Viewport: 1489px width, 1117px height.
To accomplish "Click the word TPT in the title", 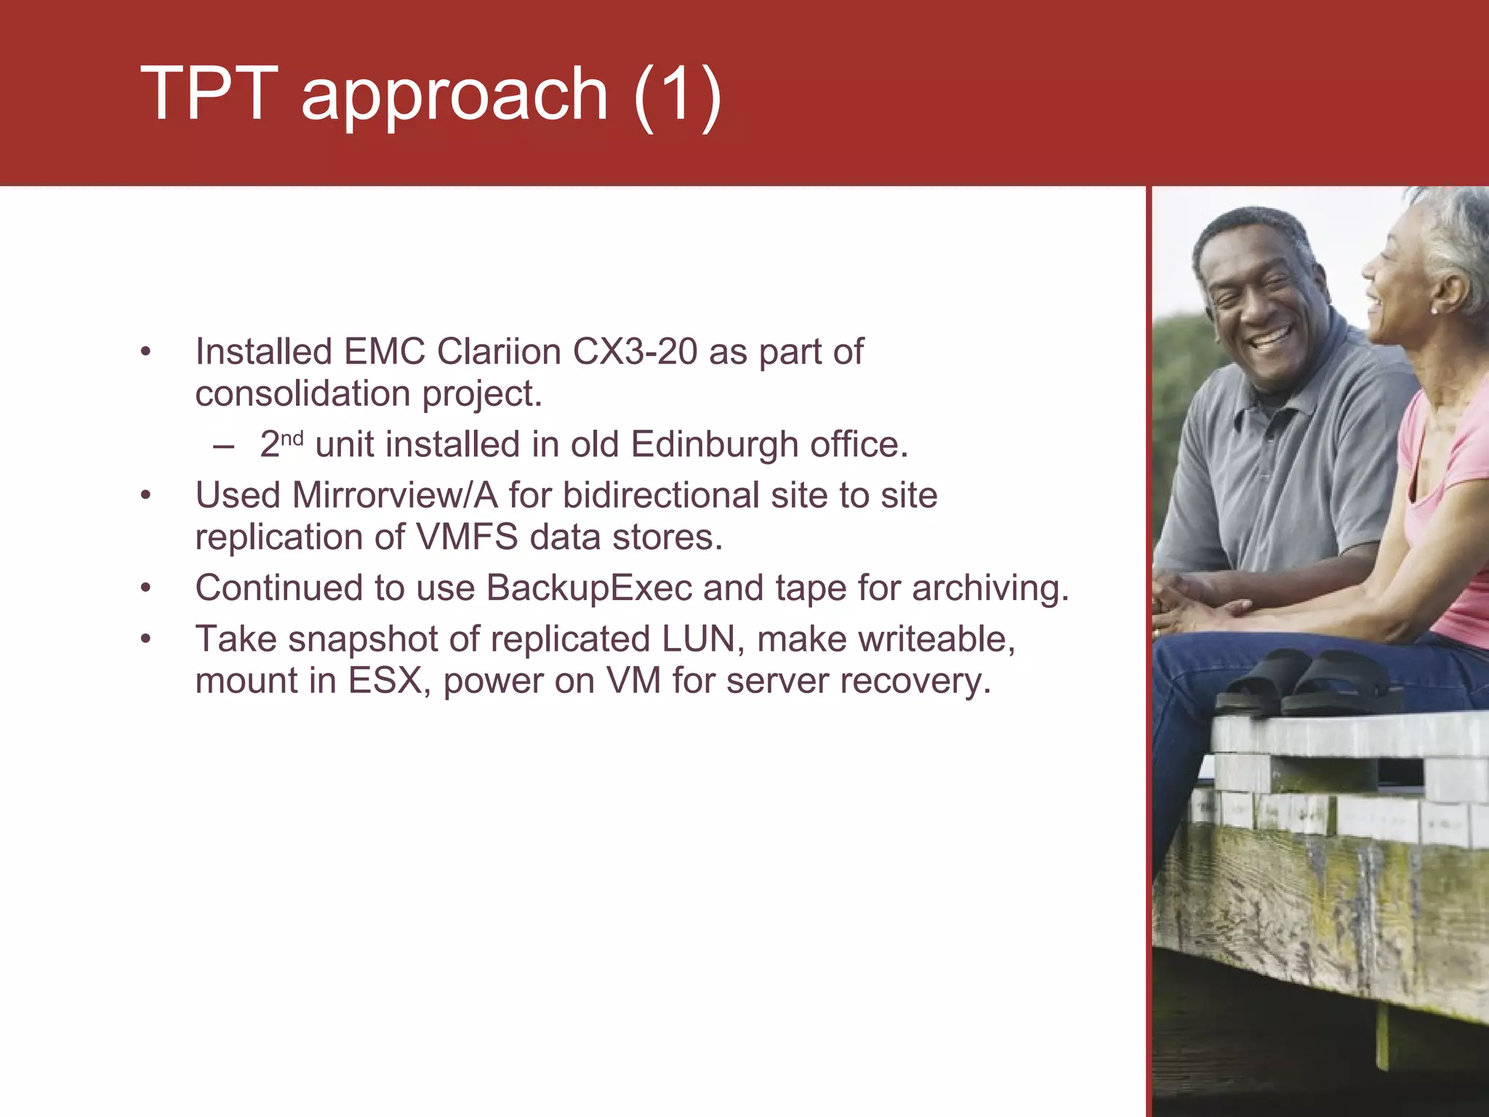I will [x=209, y=93].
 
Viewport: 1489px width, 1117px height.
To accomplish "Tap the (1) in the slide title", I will [x=677, y=95].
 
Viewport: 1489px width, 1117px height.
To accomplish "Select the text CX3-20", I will [x=635, y=352].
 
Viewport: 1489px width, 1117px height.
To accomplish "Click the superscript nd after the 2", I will [x=292, y=439].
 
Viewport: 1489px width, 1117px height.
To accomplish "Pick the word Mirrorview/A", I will [x=394, y=495].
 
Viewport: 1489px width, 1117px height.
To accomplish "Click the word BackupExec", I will [x=589, y=588].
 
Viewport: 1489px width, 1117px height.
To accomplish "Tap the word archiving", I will [x=990, y=588].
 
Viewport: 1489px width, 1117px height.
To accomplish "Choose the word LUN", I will [x=702, y=639].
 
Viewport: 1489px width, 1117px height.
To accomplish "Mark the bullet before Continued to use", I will [x=146, y=588].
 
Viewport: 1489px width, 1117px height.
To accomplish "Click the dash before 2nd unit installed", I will [x=224, y=445].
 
